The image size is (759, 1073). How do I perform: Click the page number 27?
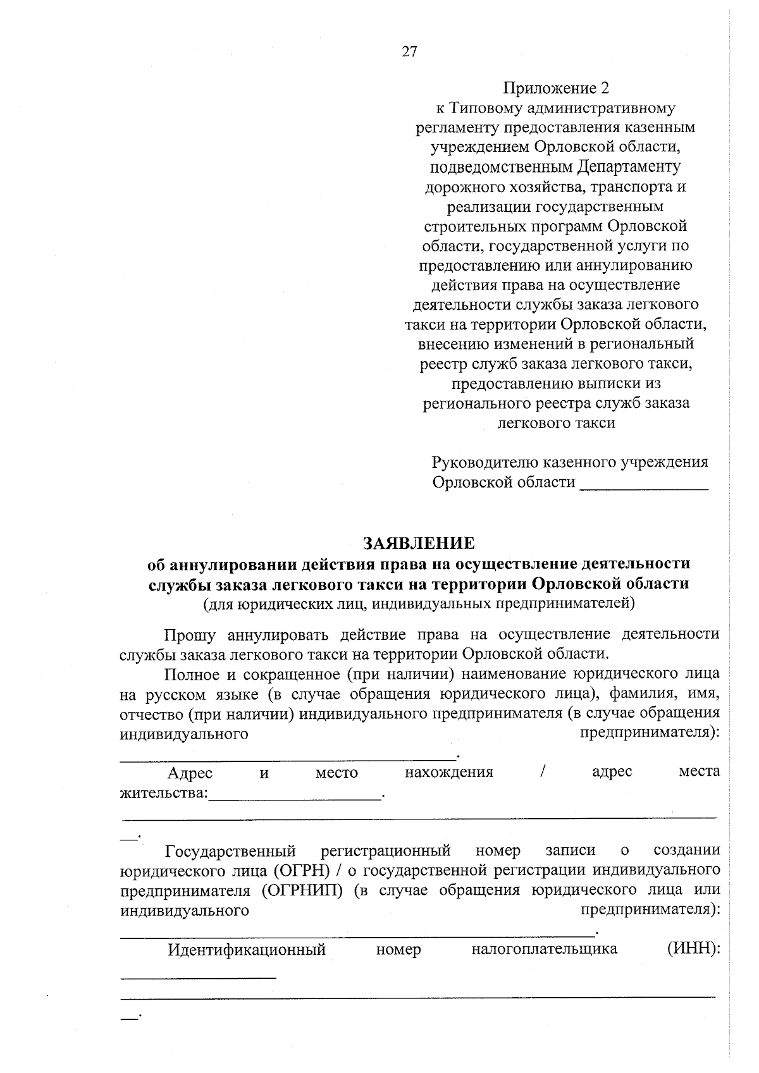click(409, 52)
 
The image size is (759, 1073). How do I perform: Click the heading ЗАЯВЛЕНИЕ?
click(418, 543)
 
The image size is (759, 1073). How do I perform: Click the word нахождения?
click(448, 772)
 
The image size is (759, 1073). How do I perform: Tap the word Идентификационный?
click(246, 949)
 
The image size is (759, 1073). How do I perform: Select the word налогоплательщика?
click(544, 949)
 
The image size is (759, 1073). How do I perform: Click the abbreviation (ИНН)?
click(693, 949)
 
